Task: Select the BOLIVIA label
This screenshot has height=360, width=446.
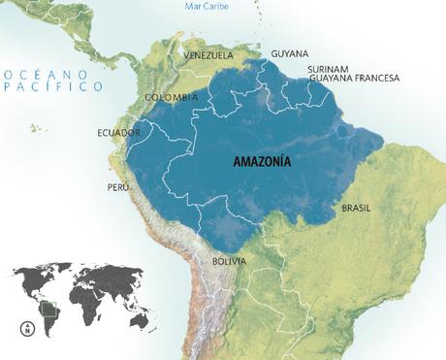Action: tap(229, 262)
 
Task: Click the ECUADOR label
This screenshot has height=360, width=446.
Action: tap(119, 132)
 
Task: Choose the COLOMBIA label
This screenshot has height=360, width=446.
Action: tap(172, 98)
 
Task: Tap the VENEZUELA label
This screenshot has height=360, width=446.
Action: tap(208, 55)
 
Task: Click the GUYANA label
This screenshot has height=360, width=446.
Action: tap(291, 53)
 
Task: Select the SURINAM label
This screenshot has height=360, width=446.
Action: tap(329, 69)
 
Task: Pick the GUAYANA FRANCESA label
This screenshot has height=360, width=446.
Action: tap(353, 79)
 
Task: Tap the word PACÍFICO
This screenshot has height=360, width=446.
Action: tap(54, 86)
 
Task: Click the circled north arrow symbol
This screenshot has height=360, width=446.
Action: tap(28, 329)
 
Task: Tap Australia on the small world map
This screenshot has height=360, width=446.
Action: tap(139, 316)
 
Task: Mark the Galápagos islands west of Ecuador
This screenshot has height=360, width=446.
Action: tap(39, 127)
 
